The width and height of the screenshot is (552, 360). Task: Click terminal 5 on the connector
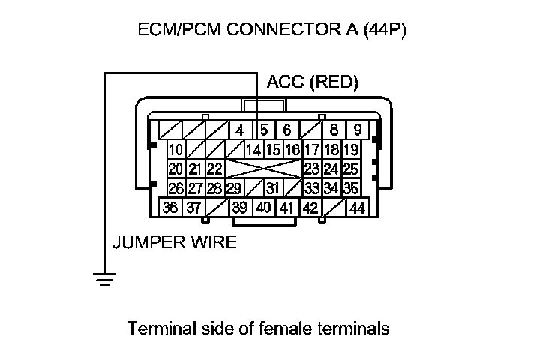point(264,129)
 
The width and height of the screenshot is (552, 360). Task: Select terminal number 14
point(253,149)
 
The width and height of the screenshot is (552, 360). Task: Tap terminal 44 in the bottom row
point(357,208)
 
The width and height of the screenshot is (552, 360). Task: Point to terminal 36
point(170,208)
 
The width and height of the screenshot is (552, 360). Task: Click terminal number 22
point(214,169)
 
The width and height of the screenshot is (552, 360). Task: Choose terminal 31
point(273,188)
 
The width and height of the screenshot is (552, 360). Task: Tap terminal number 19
point(350,149)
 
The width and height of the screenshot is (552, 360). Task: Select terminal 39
point(240,208)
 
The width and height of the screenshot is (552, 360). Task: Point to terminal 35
point(350,188)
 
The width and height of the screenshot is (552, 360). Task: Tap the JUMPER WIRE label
point(174,242)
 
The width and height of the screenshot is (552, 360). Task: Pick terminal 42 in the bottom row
point(310,208)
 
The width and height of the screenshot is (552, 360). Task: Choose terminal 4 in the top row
point(239,129)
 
